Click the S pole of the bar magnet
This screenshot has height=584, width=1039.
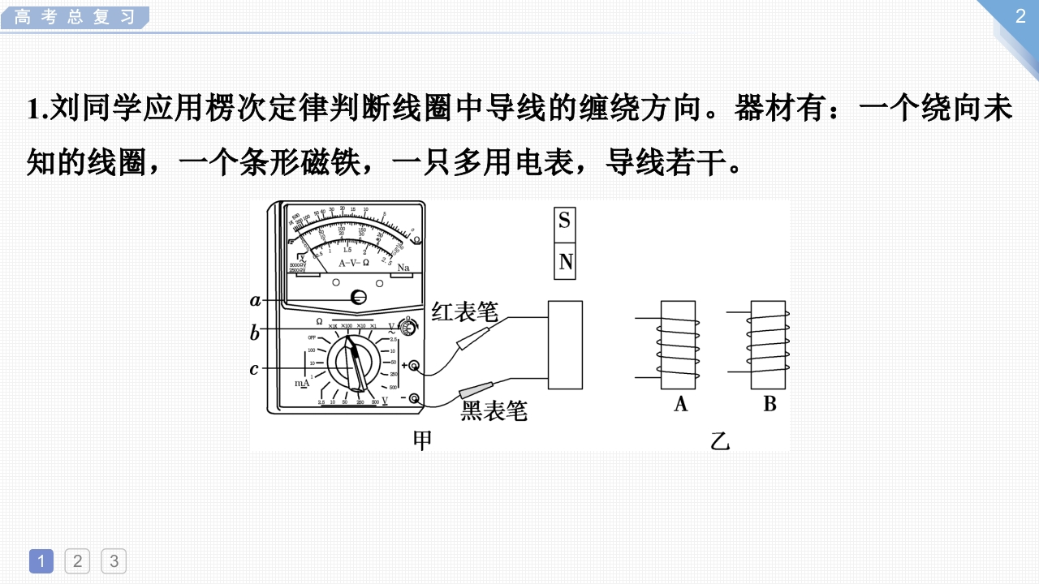click(564, 221)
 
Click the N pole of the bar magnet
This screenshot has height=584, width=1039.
click(565, 261)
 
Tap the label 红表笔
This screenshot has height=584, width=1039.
click(464, 311)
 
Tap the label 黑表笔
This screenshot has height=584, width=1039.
click(494, 411)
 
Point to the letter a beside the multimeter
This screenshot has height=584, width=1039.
click(256, 300)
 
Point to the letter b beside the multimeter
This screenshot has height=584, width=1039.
click(255, 333)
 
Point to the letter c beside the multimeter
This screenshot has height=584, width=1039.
click(254, 369)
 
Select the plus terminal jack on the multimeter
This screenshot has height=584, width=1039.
click(414, 367)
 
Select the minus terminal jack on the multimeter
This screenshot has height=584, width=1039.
click(415, 398)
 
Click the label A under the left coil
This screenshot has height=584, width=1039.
click(680, 403)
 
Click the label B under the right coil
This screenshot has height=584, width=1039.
click(770, 403)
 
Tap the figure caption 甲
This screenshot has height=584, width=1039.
click(422, 440)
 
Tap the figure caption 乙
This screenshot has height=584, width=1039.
click(720, 441)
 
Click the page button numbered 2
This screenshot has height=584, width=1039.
click(77, 560)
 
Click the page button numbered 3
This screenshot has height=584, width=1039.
click(114, 560)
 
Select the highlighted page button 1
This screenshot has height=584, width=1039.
click(41, 560)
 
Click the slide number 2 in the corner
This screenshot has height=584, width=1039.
click(1020, 17)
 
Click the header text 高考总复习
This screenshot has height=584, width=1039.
click(75, 17)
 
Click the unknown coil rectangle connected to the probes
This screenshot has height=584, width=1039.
click(565, 345)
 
